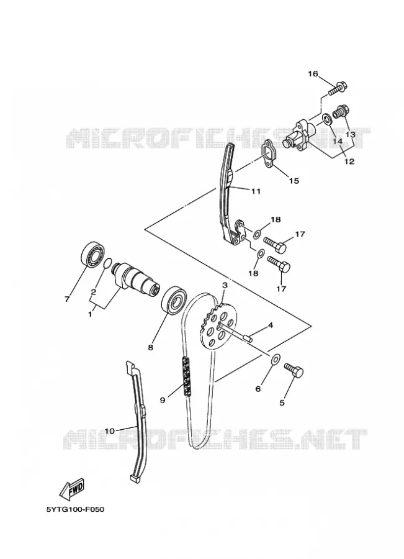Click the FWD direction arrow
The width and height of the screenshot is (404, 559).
[71, 488]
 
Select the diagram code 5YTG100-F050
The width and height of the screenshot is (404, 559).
[76, 509]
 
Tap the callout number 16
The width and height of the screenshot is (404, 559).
[312, 74]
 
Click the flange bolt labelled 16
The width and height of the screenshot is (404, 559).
[338, 88]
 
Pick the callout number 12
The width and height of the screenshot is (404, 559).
[349, 161]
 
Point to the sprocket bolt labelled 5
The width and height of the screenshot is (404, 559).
[294, 370]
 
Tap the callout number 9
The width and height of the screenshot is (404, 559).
[163, 400]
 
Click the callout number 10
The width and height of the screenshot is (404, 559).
[110, 431]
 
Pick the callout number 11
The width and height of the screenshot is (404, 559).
[256, 191]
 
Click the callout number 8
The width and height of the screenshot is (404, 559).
[151, 347]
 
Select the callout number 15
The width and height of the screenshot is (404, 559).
[294, 181]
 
